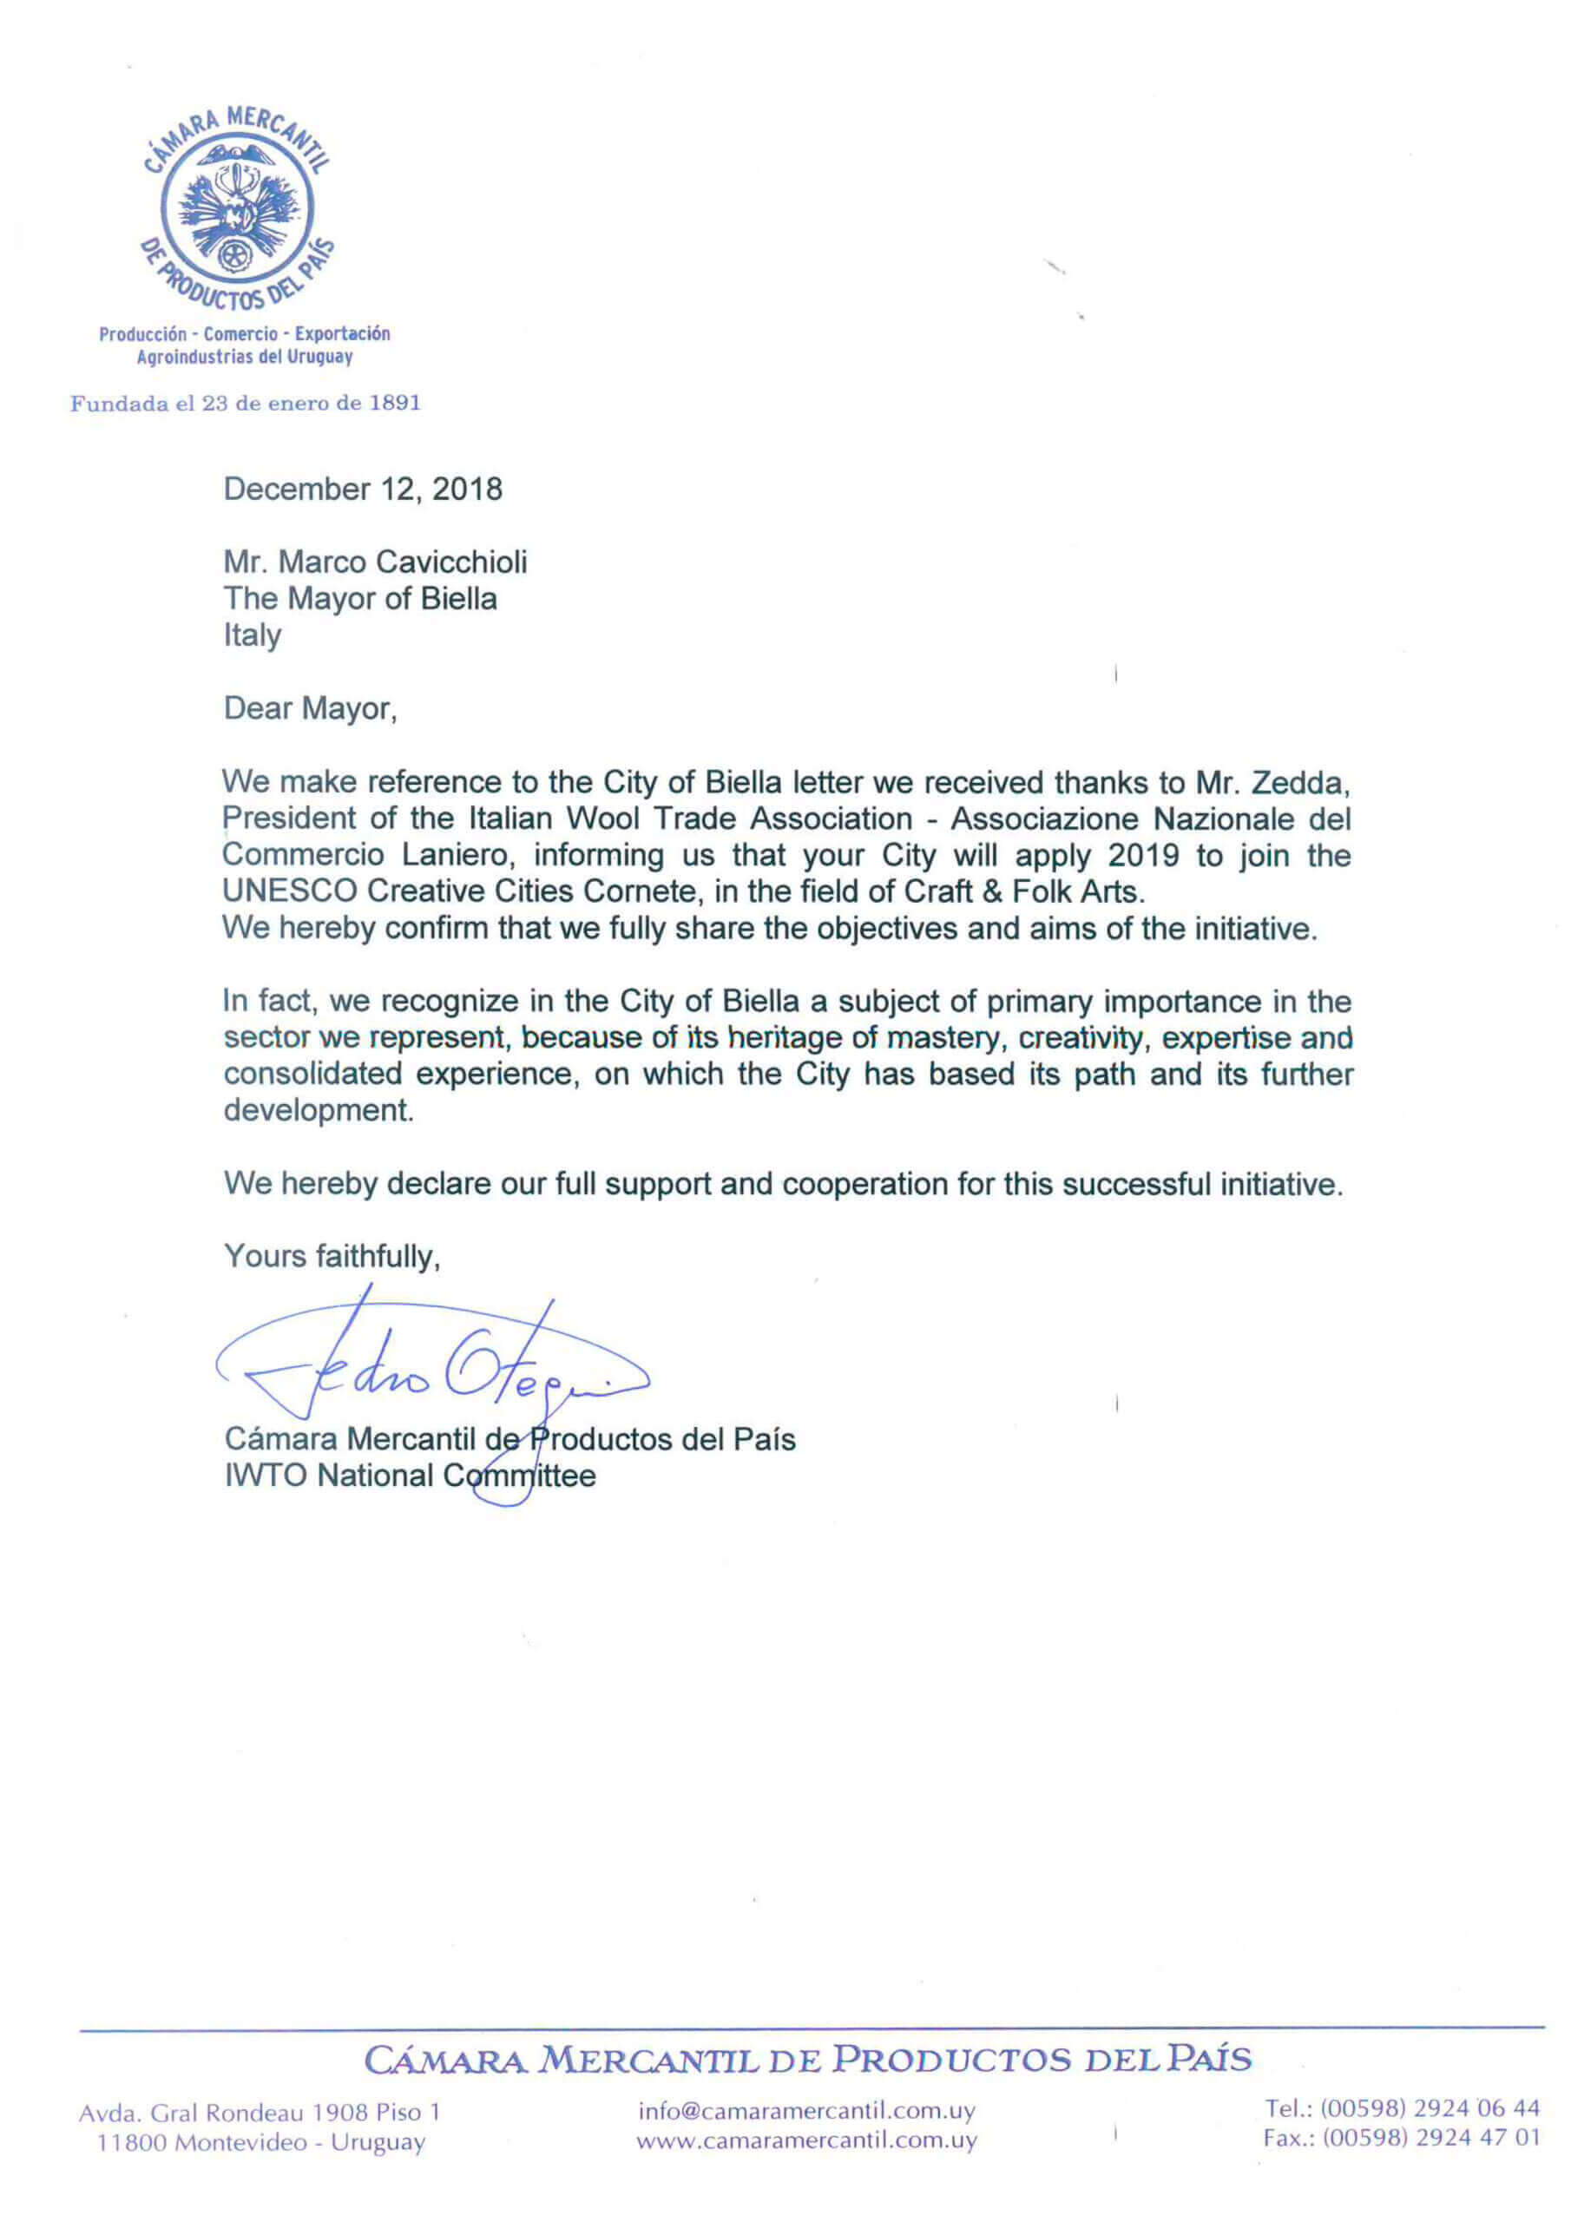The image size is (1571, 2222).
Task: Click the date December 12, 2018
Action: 363,489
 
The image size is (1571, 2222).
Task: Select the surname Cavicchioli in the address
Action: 451,562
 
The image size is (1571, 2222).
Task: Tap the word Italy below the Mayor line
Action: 252,636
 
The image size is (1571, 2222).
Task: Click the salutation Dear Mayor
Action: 310,708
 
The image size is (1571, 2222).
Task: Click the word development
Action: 319,1111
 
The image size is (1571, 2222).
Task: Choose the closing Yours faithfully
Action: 332,1256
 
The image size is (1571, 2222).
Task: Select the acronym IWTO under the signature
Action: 266,1476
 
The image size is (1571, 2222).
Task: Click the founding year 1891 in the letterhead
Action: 395,403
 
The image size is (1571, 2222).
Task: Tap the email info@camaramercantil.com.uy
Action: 806,2111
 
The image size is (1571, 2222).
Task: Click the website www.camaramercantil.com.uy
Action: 806,2140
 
